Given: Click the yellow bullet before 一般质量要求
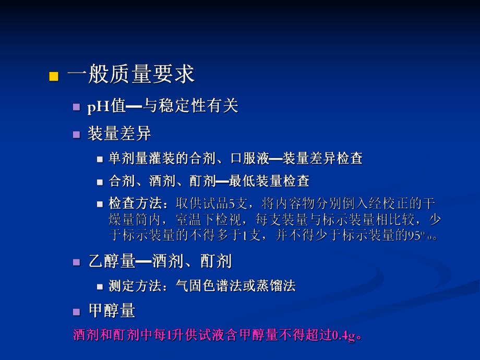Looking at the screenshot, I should (x=53, y=76).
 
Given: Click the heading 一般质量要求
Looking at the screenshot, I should (x=130, y=75).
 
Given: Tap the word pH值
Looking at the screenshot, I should (x=106, y=106).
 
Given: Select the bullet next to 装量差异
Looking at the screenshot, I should (x=77, y=134).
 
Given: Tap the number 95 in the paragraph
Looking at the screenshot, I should (x=414, y=235).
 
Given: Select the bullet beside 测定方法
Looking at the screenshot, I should (x=101, y=286).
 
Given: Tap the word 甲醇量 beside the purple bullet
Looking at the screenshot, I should (x=112, y=311).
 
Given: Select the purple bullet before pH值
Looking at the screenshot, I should (x=77, y=107).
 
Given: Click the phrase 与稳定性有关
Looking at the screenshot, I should (x=191, y=106).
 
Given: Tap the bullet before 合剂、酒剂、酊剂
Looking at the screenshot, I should (x=101, y=182).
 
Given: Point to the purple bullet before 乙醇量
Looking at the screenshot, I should (x=77, y=261).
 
